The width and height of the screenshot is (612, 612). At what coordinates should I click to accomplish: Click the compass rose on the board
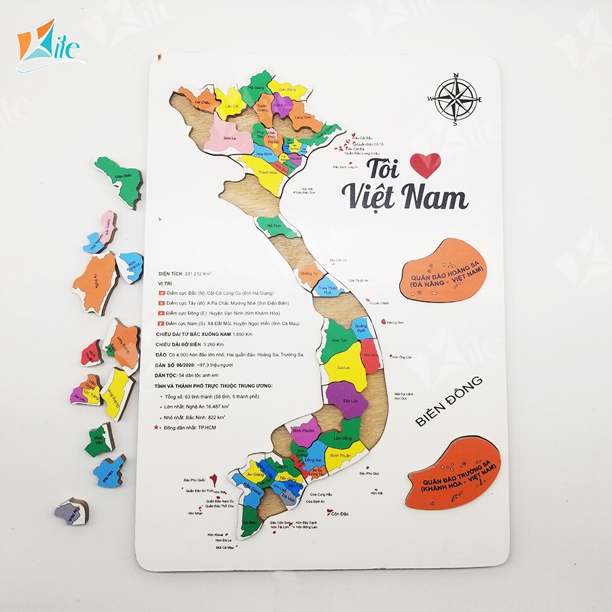click(x=456, y=99)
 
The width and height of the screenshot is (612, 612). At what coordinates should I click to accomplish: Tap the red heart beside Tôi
click(x=426, y=165)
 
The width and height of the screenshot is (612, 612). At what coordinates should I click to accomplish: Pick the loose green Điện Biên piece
click(x=120, y=180)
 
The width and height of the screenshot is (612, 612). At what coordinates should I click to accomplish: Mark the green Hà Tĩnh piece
click(x=275, y=226)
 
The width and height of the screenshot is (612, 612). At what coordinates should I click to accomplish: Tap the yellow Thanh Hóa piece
click(x=260, y=170)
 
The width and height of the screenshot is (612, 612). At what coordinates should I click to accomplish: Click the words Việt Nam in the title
click(x=405, y=196)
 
